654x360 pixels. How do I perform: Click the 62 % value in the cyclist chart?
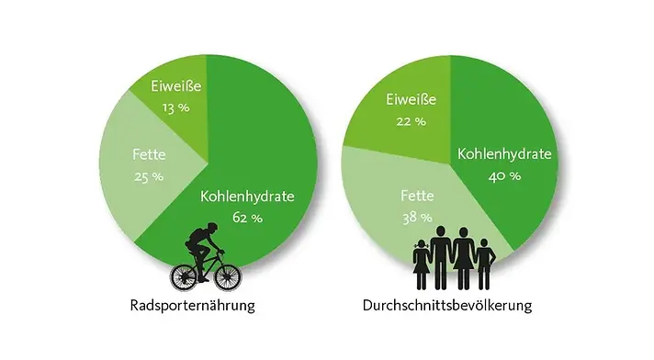tap(247, 218)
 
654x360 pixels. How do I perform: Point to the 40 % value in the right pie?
tap(503, 175)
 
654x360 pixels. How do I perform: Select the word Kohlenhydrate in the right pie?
tap(504, 153)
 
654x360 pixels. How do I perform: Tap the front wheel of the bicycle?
tap(226, 273)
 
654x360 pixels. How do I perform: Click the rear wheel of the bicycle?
tap(185, 274)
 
